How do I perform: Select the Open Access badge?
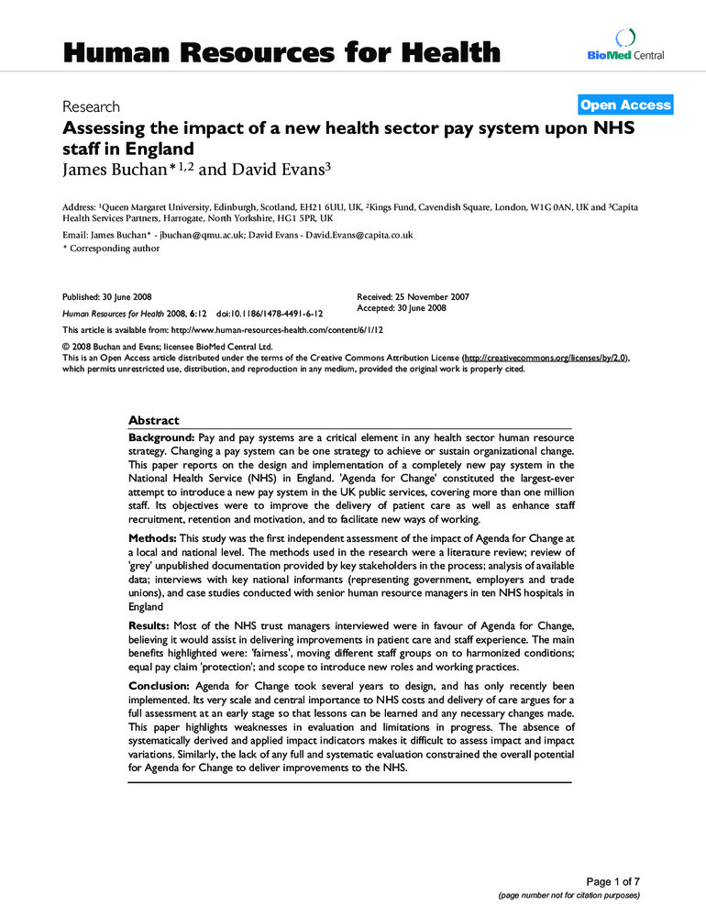point(625,105)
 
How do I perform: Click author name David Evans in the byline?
point(274,169)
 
